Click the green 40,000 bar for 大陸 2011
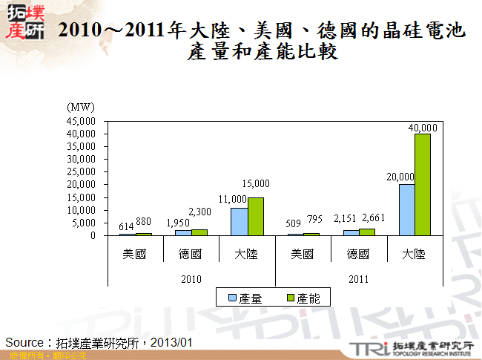tap(423, 184)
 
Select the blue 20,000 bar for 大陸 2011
tap(406, 209)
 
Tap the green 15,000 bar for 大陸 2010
tap(255, 216)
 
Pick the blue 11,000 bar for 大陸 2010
tap(239, 221)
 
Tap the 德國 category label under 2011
tap(358, 254)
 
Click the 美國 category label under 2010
tap(134, 254)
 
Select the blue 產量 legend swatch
tap(232, 298)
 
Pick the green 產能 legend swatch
tap(290, 298)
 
